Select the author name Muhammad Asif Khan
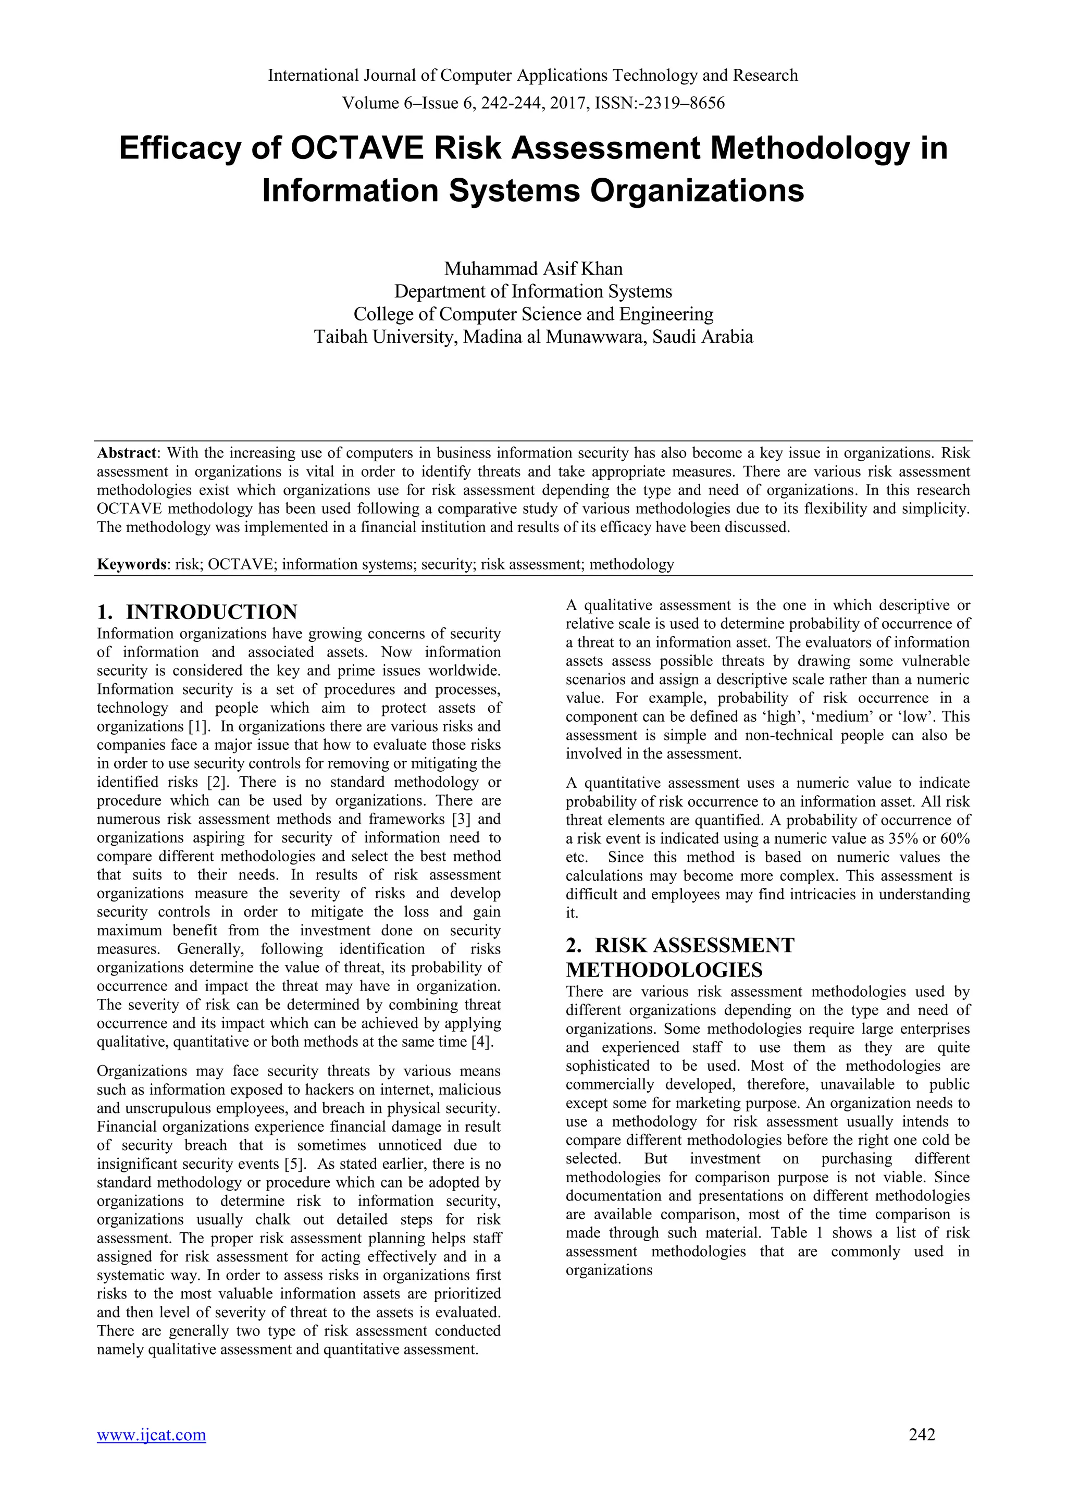click(533, 269)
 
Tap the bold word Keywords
click(131, 564)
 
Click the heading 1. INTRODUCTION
click(197, 612)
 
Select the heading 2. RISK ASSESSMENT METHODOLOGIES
click(679, 958)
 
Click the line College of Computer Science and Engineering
click(533, 314)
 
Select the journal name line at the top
click(533, 76)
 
